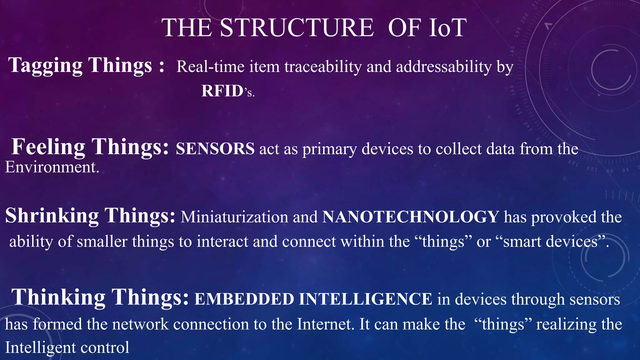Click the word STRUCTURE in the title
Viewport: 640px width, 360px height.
tap(297, 28)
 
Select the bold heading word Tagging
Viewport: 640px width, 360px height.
tap(45, 65)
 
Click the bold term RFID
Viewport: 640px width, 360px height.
tap(222, 91)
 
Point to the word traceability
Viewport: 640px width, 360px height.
tap(323, 67)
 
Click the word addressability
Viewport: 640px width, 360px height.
tap(444, 67)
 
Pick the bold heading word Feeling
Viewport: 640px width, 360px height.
tap(48, 147)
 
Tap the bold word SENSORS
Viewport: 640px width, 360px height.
tap(215, 149)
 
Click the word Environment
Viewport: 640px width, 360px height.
tap(51, 167)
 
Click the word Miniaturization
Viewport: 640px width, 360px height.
tap(234, 217)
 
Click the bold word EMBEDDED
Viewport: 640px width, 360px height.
tap(244, 299)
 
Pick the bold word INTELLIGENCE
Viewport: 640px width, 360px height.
tap(365, 299)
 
